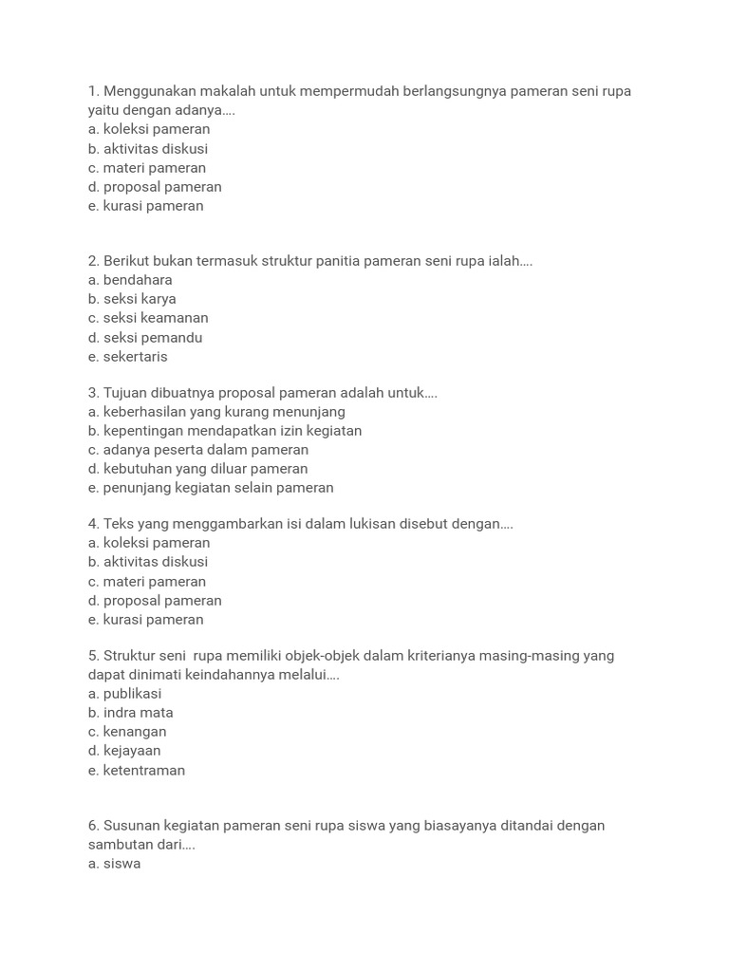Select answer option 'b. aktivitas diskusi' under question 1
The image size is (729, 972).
(148, 149)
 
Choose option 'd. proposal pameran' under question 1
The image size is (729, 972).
(155, 187)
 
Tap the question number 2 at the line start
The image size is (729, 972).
(93, 261)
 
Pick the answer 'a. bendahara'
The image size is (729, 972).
(130, 280)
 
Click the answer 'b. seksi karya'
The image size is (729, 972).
(132, 299)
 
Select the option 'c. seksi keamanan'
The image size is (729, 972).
(148, 318)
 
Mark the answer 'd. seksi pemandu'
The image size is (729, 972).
(145, 338)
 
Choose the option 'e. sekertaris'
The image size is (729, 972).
(128, 357)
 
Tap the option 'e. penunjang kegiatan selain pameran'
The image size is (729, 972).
(211, 488)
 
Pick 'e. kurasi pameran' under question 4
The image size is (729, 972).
(146, 620)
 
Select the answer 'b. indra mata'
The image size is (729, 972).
(131, 713)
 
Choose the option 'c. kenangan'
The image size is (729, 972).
(127, 732)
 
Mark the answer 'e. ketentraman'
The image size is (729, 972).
(137, 771)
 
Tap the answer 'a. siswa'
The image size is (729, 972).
(115, 865)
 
